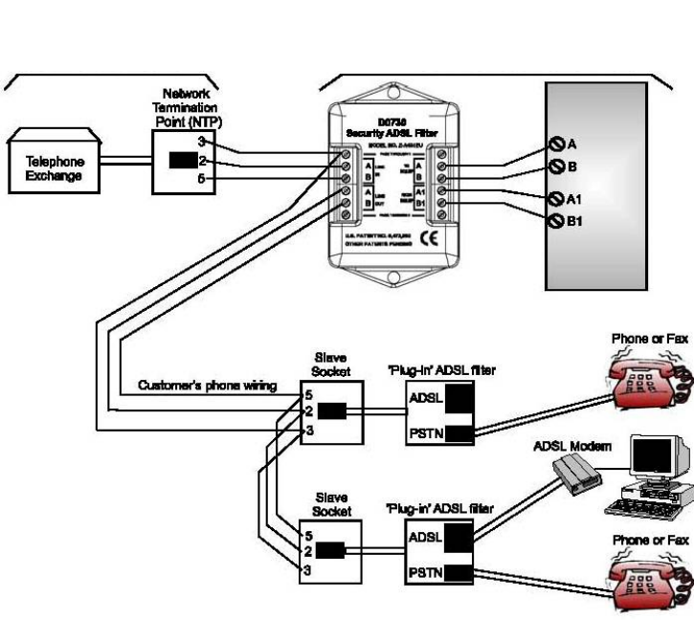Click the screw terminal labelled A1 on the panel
(553, 200)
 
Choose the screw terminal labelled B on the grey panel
(553, 166)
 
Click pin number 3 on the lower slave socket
(307, 570)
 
